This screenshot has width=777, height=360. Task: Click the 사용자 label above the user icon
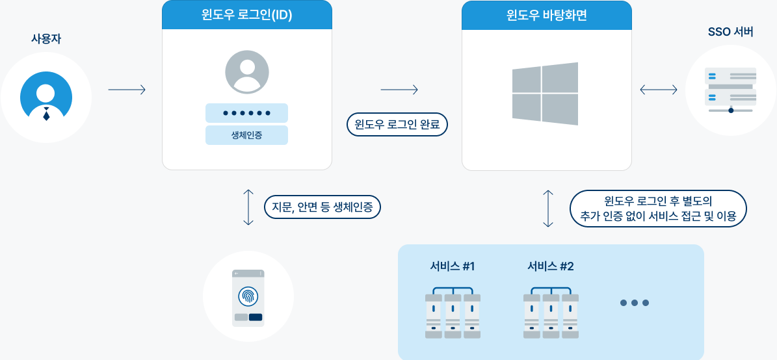click(x=46, y=40)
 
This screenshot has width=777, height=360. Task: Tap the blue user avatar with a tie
click(x=46, y=97)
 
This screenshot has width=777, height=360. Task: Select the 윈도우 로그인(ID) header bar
click(x=247, y=15)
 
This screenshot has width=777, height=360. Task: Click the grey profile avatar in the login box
click(x=247, y=72)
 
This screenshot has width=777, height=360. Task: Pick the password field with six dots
click(x=246, y=113)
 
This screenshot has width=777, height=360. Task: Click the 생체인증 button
click(x=246, y=135)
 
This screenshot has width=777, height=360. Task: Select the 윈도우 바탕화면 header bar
click(x=547, y=15)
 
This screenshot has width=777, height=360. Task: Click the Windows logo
click(x=545, y=94)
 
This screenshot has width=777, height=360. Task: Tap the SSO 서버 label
click(x=730, y=32)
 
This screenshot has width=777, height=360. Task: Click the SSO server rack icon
click(x=731, y=90)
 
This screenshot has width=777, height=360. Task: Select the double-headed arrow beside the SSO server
click(x=659, y=90)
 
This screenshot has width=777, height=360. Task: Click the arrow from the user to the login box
click(x=127, y=90)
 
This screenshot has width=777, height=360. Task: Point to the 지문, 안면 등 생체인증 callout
click(x=322, y=207)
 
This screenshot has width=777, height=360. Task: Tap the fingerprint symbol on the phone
click(x=248, y=296)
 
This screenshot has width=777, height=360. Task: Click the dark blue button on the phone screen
click(x=256, y=317)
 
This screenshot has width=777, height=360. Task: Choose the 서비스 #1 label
click(x=453, y=266)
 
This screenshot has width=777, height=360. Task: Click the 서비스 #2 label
click(x=551, y=266)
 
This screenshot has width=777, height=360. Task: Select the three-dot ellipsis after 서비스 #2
click(x=635, y=303)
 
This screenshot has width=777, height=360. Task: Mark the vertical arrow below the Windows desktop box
click(x=548, y=209)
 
